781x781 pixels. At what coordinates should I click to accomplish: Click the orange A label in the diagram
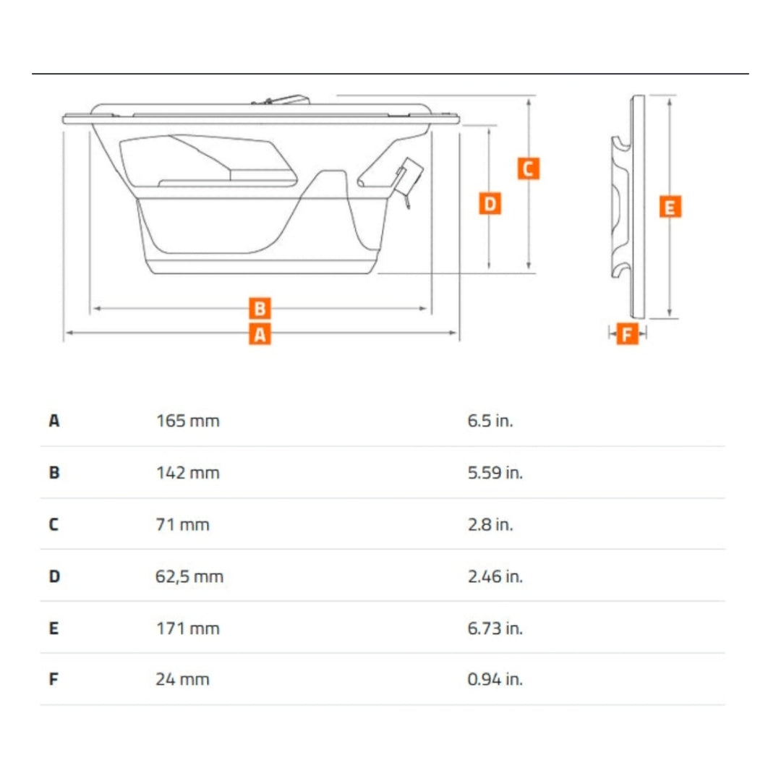(260, 334)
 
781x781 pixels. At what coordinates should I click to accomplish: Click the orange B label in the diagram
(260, 309)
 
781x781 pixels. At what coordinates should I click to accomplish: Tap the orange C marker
(528, 168)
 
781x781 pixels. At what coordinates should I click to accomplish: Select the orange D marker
(490, 203)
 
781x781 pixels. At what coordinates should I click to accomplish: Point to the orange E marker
(670, 208)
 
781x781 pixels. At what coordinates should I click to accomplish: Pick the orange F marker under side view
(627, 334)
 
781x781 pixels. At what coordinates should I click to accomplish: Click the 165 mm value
(187, 420)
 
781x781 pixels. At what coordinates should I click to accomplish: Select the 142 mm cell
(187, 473)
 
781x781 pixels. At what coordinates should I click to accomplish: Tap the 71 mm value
(183, 524)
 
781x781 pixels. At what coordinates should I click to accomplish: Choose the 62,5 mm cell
(189, 576)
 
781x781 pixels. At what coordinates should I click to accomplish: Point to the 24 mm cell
(183, 680)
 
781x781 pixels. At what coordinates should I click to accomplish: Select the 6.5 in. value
(490, 420)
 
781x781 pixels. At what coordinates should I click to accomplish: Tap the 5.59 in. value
(495, 473)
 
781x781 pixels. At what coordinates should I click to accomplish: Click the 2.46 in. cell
(495, 576)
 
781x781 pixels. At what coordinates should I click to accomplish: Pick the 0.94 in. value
(495, 680)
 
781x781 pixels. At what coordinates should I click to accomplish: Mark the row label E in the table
(54, 628)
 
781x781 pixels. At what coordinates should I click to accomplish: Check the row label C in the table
(54, 524)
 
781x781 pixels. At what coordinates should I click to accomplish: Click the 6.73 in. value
(495, 628)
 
